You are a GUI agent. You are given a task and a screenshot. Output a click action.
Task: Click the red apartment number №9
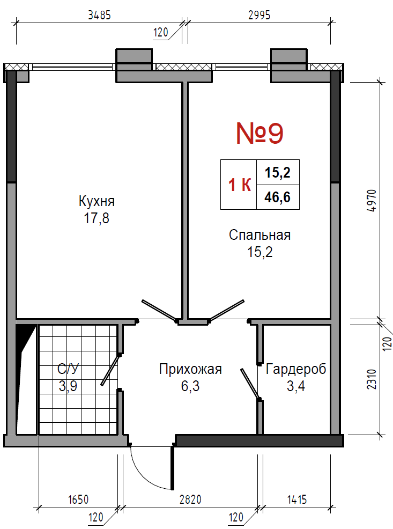pos(259,134)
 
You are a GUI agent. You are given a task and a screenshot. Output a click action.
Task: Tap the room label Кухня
pos(97,201)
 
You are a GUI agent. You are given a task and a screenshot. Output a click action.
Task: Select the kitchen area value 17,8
pos(97,218)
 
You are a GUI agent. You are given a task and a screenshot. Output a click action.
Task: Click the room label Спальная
pos(259,235)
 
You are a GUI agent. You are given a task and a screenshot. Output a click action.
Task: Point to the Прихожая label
pos(190,369)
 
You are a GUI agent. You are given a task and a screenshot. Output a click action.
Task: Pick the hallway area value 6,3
pos(190,386)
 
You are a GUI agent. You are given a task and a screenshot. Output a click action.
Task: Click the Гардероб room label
pos(296,369)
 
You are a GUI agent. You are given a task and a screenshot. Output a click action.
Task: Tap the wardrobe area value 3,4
pos(296,386)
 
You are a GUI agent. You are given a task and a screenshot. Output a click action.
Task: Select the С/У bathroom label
pos(68,369)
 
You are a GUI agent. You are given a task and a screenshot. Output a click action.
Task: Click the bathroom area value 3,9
pos(68,386)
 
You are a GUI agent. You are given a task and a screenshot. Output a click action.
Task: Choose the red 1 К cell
pos(239,185)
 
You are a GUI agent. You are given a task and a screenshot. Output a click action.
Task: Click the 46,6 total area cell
pos(278,197)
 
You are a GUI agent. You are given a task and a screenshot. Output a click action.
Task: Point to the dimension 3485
pos(99,15)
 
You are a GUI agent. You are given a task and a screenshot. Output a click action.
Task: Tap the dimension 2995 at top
pos(259,15)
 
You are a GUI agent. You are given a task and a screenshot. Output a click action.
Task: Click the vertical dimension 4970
pos(372,201)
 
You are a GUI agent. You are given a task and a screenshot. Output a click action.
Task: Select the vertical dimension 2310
pos(372,379)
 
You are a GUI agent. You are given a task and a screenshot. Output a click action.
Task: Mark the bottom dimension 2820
pos(190,499)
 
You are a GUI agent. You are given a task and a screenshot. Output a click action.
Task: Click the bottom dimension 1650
pos(78,499)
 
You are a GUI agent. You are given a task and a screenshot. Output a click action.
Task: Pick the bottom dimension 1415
pos(297,499)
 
